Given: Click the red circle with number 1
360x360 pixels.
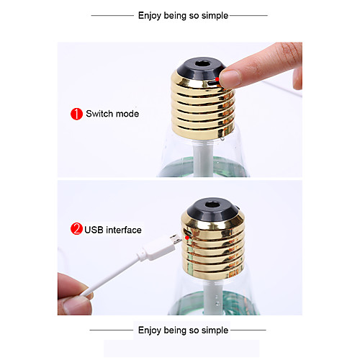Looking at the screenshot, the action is [x=76, y=114].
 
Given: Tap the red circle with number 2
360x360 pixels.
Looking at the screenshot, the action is [x=76, y=229].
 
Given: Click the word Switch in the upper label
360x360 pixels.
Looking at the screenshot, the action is [x=99, y=114].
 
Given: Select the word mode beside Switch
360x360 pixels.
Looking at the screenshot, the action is [x=127, y=114].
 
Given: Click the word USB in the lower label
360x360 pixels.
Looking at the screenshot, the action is [x=94, y=230].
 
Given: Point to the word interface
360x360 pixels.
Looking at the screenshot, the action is [x=124, y=230].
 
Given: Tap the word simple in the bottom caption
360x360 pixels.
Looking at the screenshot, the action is [x=215, y=330].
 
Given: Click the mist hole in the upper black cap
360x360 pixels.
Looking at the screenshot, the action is [x=203, y=63].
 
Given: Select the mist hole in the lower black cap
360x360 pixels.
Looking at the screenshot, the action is [x=212, y=204].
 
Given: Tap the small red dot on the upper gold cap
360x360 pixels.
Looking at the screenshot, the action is [x=217, y=79].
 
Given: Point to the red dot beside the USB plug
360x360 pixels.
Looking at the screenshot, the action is [x=187, y=238].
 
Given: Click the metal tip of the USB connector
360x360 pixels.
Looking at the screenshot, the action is [x=176, y=239].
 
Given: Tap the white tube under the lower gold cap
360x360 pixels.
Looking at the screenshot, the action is [x=214, y=297].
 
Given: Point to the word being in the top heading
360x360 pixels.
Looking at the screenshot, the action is [x=175, y=16].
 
